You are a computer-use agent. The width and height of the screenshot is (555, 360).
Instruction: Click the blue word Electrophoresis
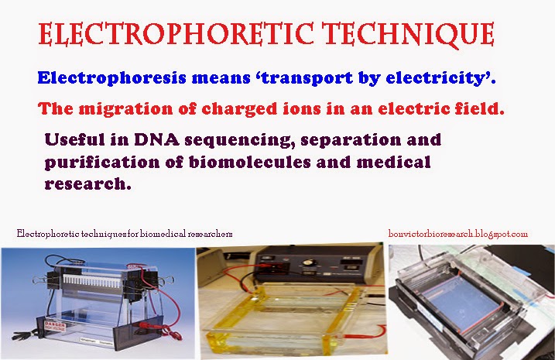coord(103,78)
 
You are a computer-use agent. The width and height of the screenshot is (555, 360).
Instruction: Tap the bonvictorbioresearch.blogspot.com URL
coord(457,233)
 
